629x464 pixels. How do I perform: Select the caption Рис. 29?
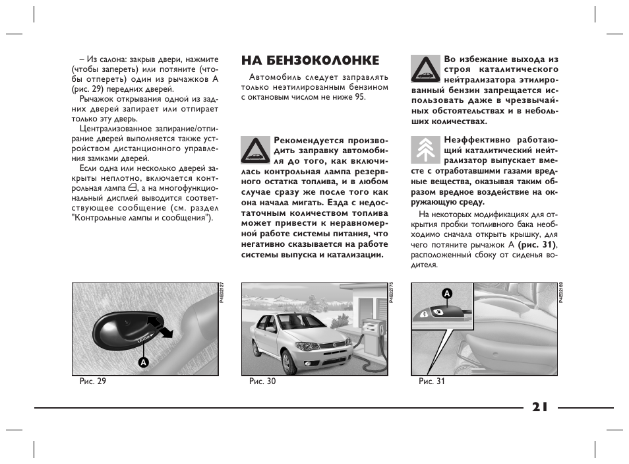pos(92,381)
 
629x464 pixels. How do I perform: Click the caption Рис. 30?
pos(262,381)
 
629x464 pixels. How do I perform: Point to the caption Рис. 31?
pos(432,381)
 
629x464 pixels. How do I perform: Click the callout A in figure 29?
pos(142,362)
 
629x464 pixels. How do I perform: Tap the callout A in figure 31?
pos(446,292)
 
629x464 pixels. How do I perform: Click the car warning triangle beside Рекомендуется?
pos(255,150)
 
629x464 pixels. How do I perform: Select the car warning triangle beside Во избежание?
pos(425,69)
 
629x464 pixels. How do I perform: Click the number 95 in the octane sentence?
pos(359,97)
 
